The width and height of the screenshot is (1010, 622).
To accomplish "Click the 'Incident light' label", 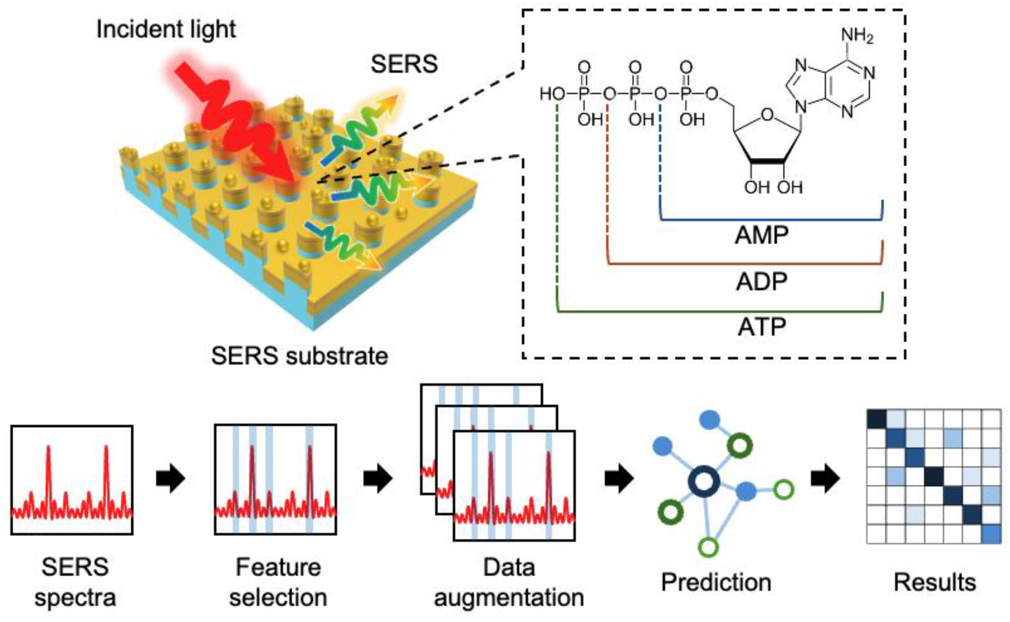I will (x=166, y=29).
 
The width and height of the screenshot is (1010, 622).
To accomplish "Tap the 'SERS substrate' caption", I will (x=299, y=356).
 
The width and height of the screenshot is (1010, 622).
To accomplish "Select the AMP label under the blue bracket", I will (x=761, y=236).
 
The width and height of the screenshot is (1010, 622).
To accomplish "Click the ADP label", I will (x=761, y=282).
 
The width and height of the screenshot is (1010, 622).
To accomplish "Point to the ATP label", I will (x=761, y=327).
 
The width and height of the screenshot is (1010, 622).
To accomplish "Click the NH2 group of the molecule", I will (x=857, y=35).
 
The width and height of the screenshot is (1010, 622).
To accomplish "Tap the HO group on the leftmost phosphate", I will (x=552, y=94).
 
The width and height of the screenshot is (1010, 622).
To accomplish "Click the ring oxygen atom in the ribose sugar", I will (x=767, y=115).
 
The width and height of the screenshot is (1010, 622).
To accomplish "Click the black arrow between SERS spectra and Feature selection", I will (x=171, y=478).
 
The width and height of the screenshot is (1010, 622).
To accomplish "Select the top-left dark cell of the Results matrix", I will (x=876, y=419).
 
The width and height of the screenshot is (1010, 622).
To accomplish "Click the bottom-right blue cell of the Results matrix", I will (x=991, y=534).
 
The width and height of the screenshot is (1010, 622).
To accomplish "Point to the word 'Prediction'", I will (x=716, y=582).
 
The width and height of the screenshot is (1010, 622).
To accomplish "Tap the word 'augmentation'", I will (x=509, y=598).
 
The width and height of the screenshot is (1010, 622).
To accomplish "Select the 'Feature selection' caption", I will (x=278, y=582).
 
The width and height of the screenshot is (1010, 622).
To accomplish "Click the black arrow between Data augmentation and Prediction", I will (x=619, y=478).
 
